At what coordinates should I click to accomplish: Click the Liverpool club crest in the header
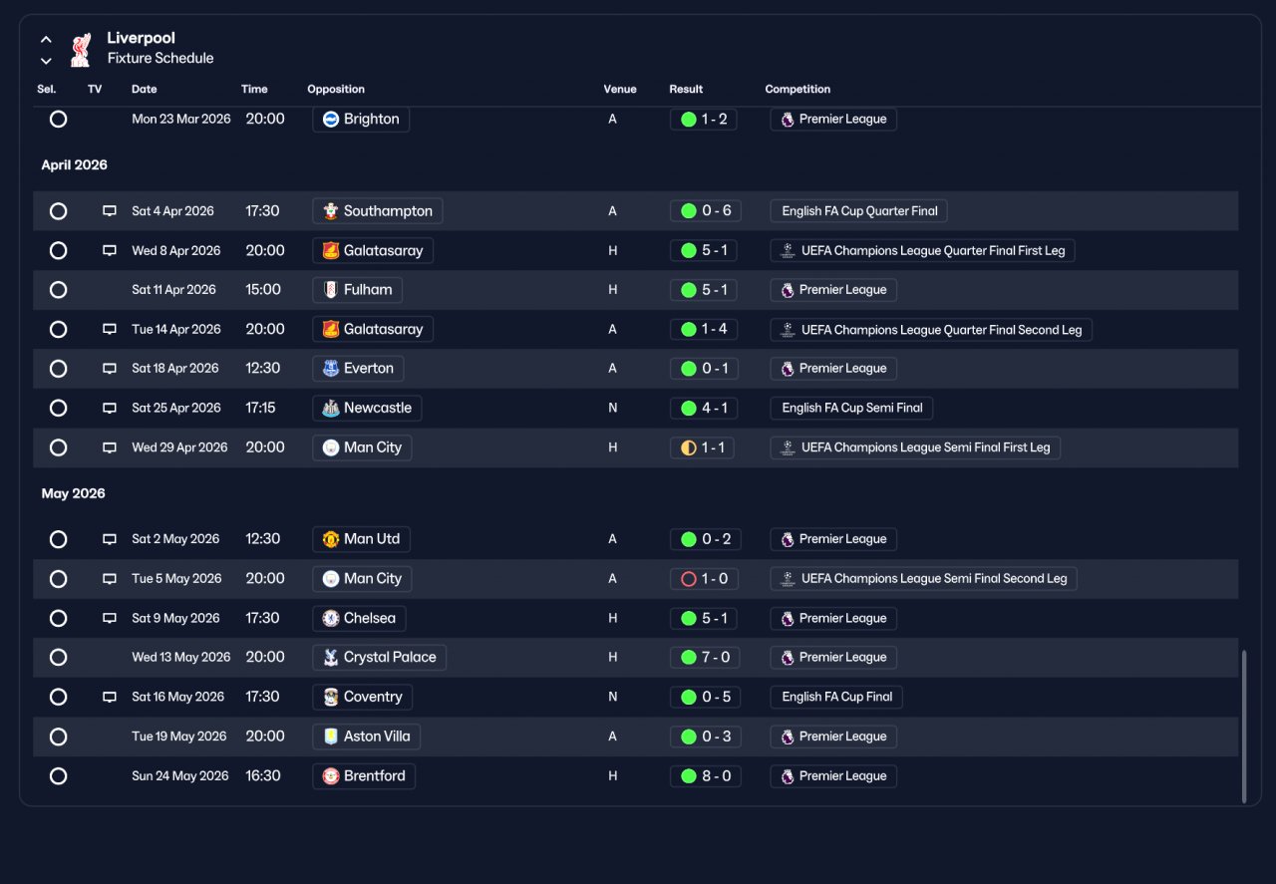(81, 50)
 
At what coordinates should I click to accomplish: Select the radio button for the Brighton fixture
(58, 119)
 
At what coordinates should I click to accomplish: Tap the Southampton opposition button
(377, 211)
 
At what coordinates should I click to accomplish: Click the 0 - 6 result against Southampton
(704, 211)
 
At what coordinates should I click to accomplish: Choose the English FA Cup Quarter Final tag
(858, 211)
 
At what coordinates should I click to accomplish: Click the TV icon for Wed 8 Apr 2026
(110, 250)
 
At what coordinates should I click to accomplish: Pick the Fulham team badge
(330, 290)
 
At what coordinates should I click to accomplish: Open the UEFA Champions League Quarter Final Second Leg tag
(931, 330)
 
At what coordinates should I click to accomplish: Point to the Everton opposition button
(358, 369)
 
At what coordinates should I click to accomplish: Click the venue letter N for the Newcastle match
(612, 408)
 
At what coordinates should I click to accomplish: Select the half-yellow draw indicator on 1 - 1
(688, 447)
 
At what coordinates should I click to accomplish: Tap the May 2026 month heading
(74, 493)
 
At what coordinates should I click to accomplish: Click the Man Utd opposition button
(361, 539)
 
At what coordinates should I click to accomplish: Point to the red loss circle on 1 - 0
(688, 579)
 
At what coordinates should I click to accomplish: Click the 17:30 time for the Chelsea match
(262, 618)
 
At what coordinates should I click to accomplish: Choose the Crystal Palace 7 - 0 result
(705, 658)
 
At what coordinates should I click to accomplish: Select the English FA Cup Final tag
(836, 697)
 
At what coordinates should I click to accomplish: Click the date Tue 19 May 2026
(178, 737)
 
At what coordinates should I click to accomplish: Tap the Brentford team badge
(330, 775)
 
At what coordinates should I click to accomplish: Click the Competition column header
(797, 89)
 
